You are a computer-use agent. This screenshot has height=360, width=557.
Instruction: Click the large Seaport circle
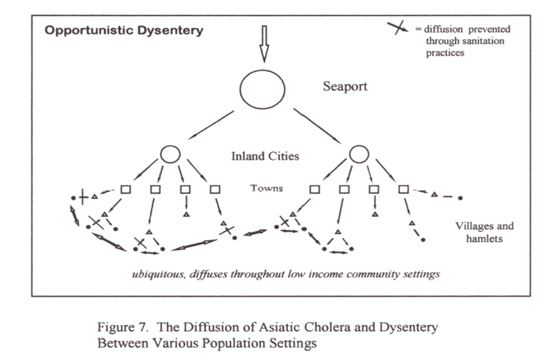click(x=262, y=89)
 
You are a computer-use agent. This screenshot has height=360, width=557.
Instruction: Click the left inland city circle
click(x=170, y=153)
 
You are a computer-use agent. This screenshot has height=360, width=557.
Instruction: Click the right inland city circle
click(x=359, y=153)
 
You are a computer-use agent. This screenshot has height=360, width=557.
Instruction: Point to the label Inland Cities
click(x=265, y=156)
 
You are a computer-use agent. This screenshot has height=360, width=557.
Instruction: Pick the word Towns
click(x=267, y=189)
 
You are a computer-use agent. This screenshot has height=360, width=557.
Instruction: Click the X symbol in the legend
click(x=397, y=28)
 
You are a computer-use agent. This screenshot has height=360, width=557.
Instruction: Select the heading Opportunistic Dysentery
click(x=124, y=31)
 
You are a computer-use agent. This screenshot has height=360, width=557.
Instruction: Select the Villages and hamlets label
click(x=484, y=232)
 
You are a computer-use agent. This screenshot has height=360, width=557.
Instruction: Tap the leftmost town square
click(x=125, y=190)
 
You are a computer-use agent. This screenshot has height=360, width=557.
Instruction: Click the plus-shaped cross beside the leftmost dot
click(x=83, y=198)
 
